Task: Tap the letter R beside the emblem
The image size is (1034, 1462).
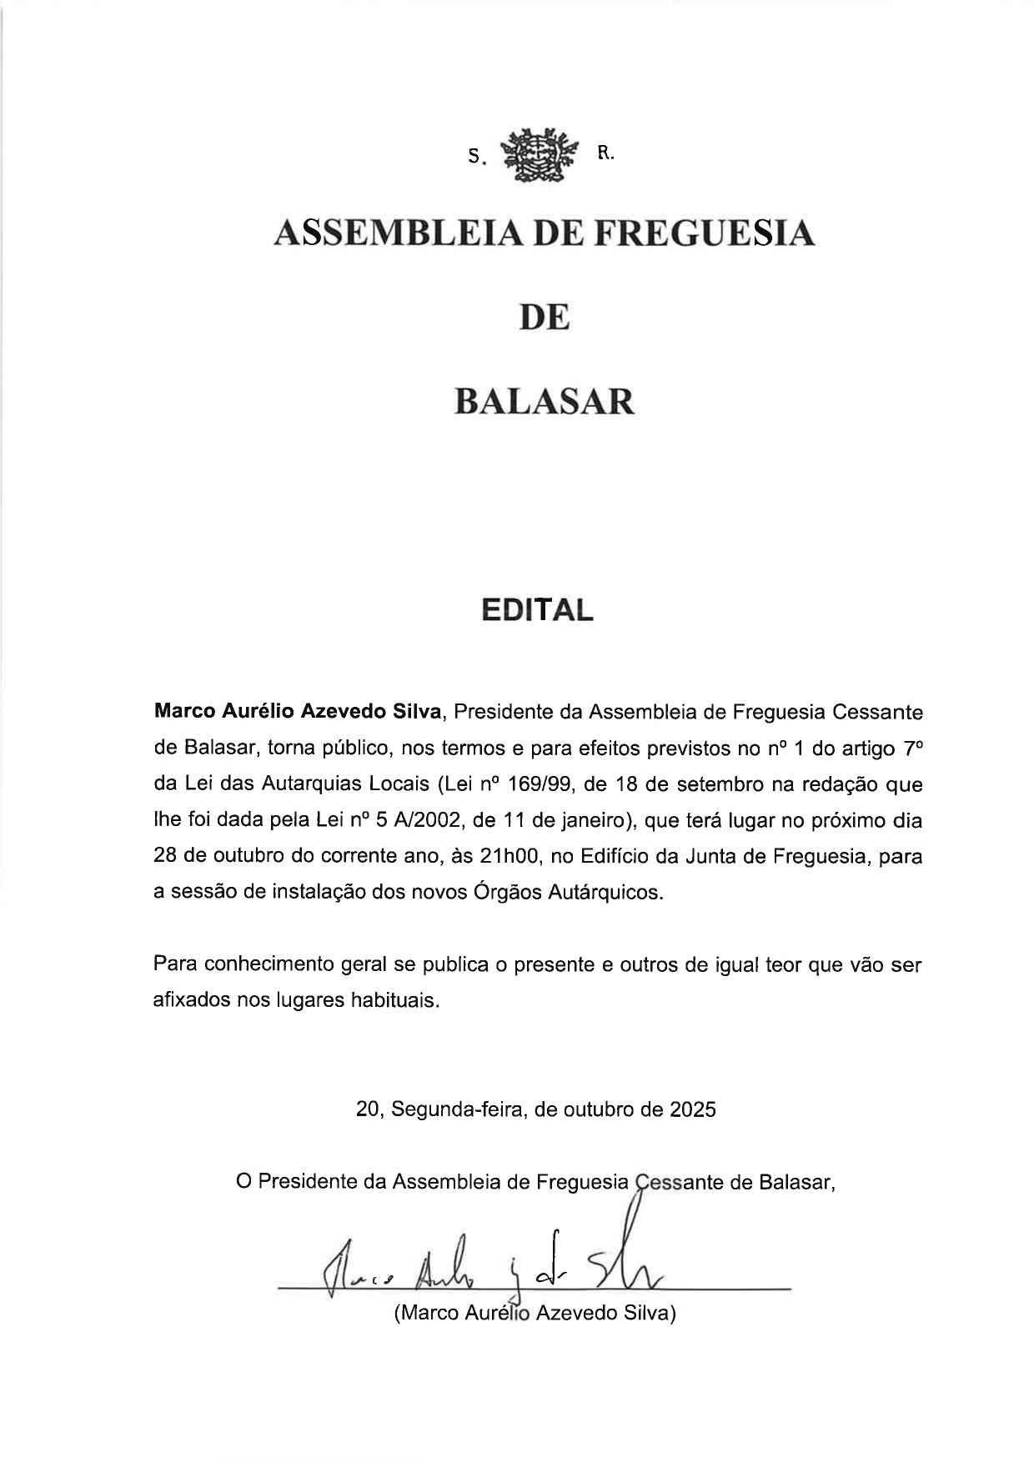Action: point(605,153)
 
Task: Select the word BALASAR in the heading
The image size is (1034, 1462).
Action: point(545,402)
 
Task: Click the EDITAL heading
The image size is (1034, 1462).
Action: point(537,610)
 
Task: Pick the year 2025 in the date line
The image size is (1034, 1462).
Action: point(691,1109)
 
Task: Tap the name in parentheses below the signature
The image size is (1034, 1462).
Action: point(535,1313)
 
